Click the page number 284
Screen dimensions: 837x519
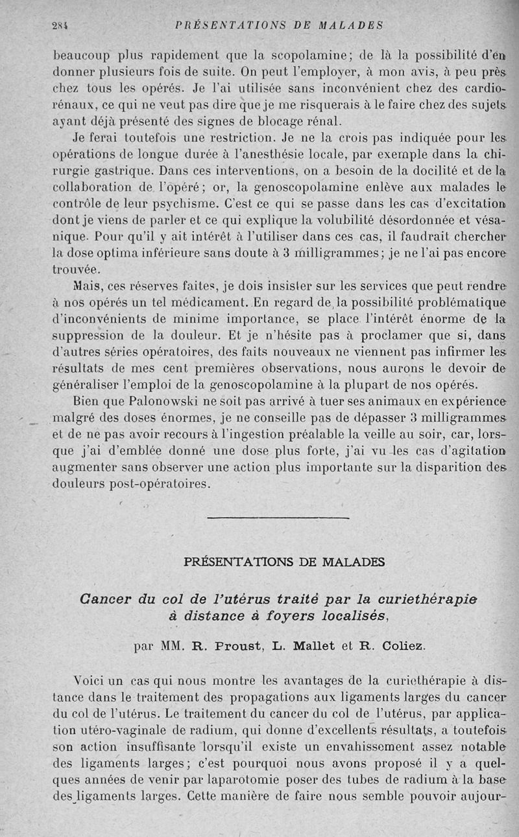coord(61,26)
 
